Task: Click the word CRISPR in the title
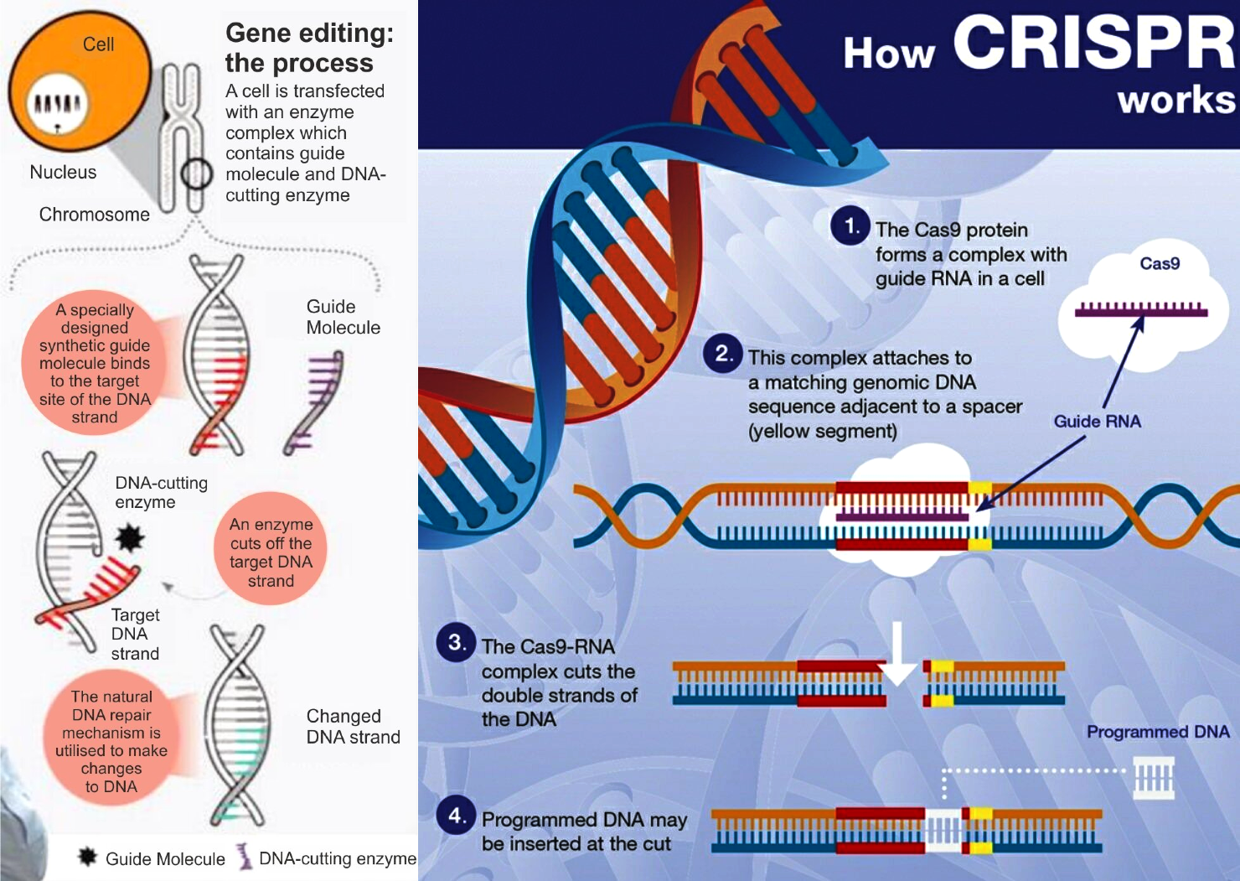point(1093,43)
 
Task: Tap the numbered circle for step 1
point(850,225)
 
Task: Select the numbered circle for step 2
point(723,354)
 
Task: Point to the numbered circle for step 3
point(456,643)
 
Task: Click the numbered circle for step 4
point(456,815)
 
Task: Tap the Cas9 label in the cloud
point(1160,264)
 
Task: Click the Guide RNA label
point(1097,421)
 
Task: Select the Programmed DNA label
point(1158,732)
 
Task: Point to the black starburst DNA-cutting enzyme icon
point(130,537)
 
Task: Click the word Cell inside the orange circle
point(98,44)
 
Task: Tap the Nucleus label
point(63,173)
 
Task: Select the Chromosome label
point(95,215)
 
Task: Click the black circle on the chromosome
point(196,174)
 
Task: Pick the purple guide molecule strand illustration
point(314,401)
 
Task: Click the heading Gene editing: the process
point(309,48)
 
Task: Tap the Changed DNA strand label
point(353,727)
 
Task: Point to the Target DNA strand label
point(135,635)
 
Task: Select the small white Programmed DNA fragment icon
point(1155,779)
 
